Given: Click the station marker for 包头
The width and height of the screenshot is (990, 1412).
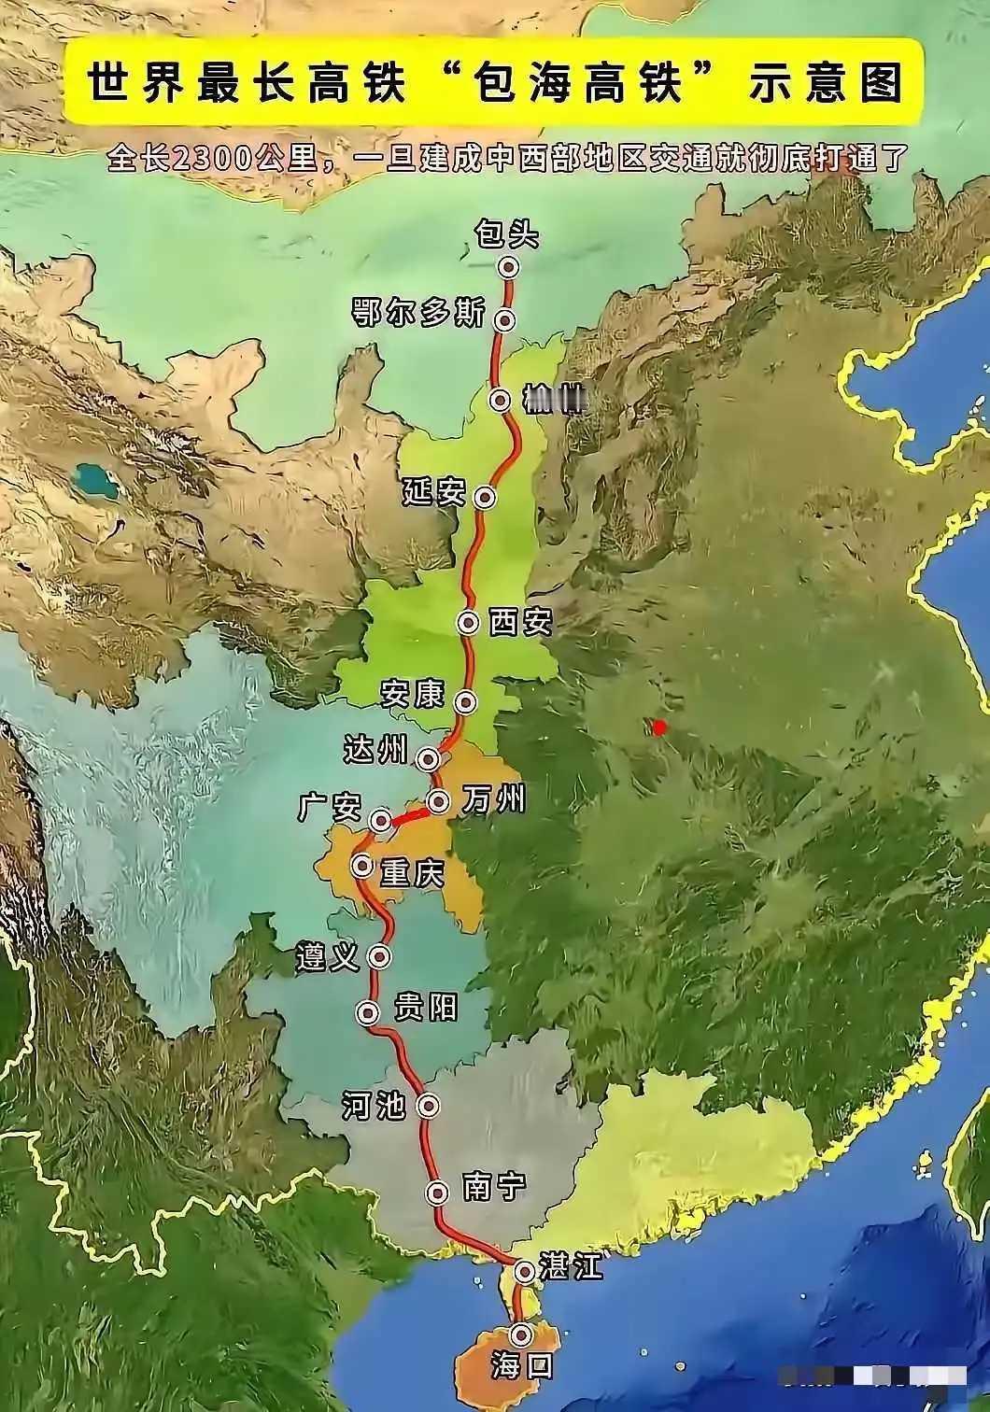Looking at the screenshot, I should click(x=507, y=267).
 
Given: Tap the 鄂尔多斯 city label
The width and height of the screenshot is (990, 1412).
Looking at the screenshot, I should click(x=418, y=313).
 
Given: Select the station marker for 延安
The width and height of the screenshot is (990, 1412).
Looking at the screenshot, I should click(x=484, y=497).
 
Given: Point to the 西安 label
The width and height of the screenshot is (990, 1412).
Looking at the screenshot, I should click(x=521, y=622).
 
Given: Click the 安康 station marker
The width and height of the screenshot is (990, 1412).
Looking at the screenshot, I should click(x=465, y=701).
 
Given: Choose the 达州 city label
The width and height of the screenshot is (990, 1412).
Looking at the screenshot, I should click(x=376, y=749).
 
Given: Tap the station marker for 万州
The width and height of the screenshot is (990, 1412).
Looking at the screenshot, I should click(x=438, y=800).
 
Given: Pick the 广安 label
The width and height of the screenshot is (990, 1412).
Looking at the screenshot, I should click(x=330, y=808).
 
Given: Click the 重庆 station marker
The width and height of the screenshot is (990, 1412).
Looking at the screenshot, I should click(x=362, y=866).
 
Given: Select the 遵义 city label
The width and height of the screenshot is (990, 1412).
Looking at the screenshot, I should click(x=328, y=957).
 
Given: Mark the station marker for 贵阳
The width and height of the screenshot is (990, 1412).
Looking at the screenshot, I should click(x=369, y=1012).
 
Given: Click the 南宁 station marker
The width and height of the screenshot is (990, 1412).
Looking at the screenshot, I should click(x=437, y=1192).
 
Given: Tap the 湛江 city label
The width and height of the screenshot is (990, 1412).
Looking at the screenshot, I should click(x=572, y=1266).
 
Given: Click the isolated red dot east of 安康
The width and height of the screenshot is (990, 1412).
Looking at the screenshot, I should click(x=659, y=727).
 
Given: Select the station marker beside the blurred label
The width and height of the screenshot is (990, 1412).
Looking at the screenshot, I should click(x=502, y=401).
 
